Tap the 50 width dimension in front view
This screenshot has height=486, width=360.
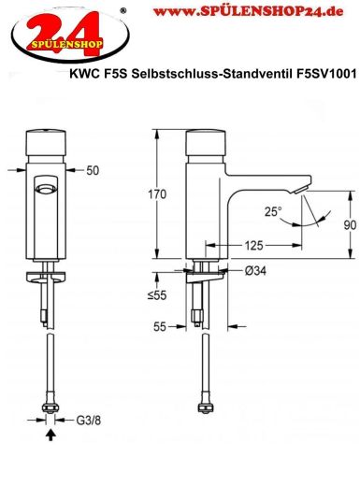coord(93,171)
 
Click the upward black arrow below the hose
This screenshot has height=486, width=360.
coord(50,434)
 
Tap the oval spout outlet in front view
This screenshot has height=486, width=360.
coord(44,190)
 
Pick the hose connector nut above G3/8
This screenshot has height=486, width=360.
coord(50,407)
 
